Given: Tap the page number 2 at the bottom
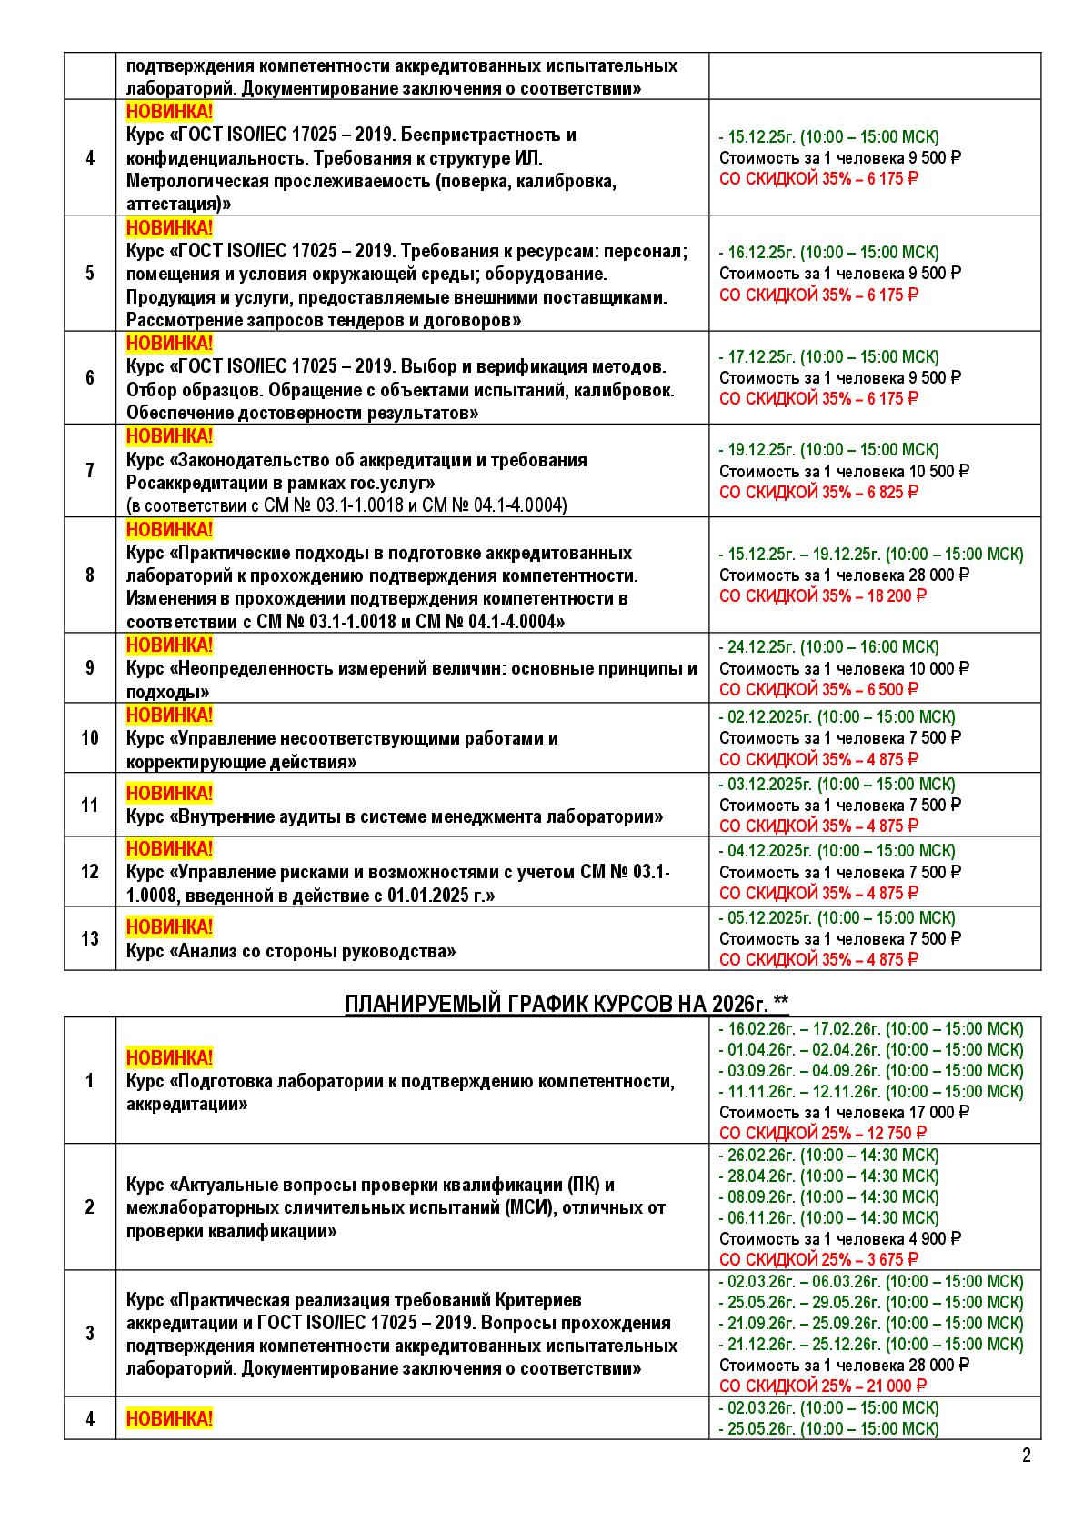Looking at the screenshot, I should point(1027,1456).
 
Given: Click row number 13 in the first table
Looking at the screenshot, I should point(89,938).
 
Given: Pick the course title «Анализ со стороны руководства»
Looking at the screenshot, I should point(291,952).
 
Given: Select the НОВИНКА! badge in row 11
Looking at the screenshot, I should point(169,793).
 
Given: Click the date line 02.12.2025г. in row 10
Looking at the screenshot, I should point(837,716).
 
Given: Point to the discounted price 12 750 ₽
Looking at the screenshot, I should point(896,1134).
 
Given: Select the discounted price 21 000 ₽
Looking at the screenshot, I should point(896,1386).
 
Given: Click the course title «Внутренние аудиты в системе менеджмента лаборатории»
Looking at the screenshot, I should point(395,816).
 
